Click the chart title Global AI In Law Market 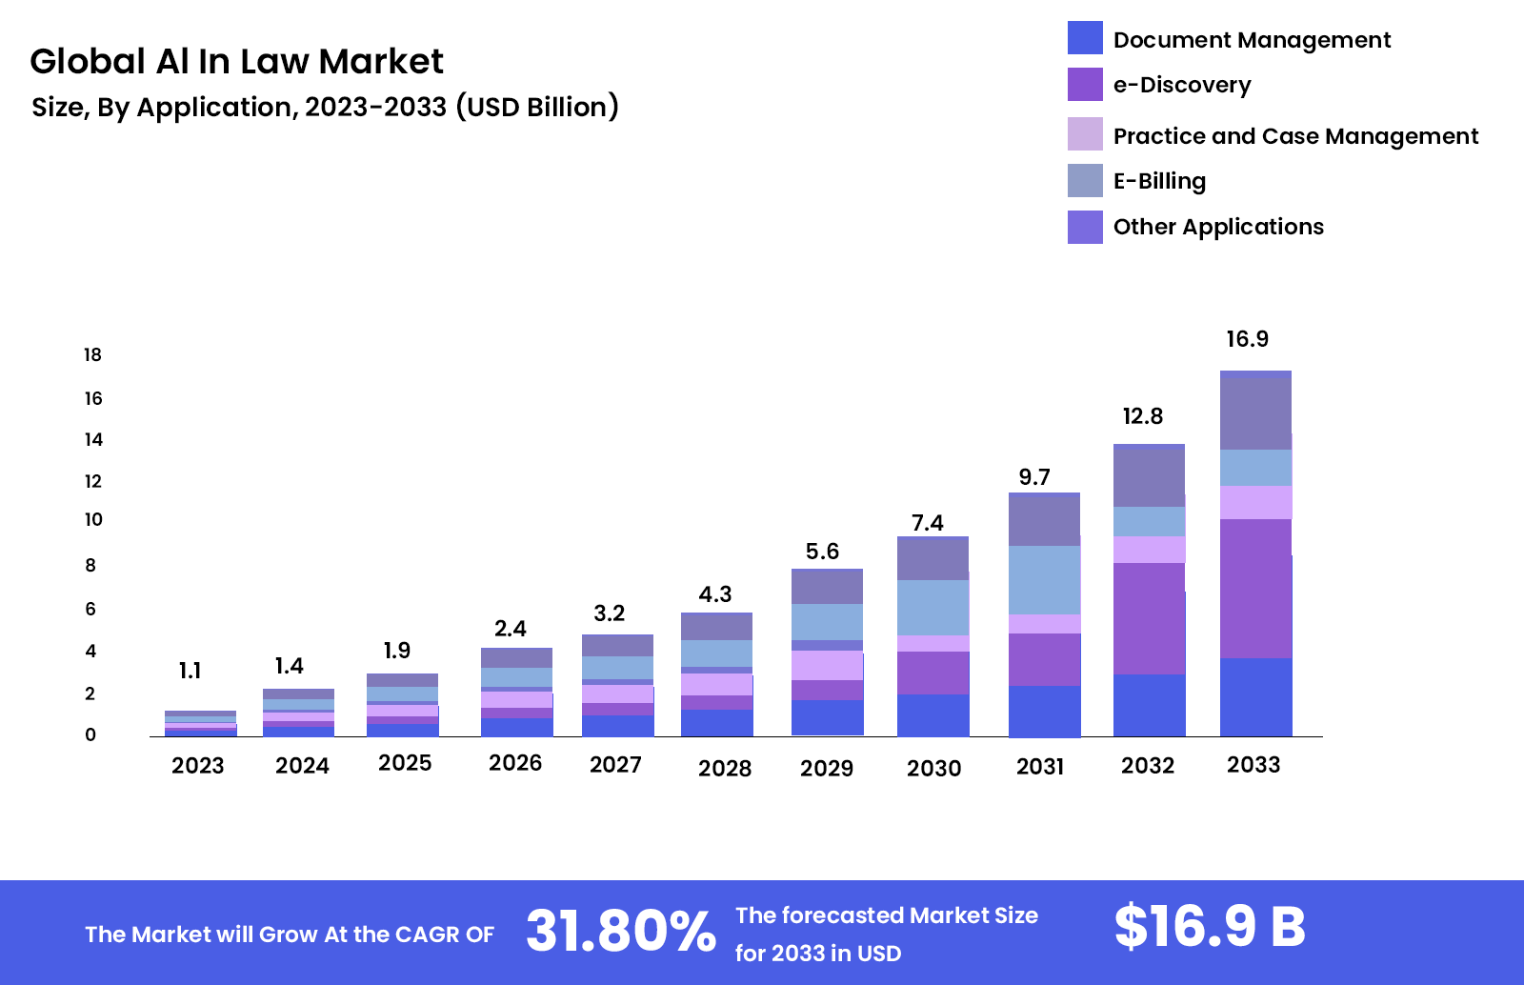click(236, 62)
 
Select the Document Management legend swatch click(1085, 38)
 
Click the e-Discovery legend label click(1181, 85)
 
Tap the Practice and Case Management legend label click(1295, 136)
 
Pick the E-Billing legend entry click(1159, 181)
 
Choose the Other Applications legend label click(1218, 227)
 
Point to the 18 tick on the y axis click(92, 355)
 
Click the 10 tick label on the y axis click(93, 520)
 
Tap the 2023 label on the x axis click(197, 766)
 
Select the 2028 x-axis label click(725, 769)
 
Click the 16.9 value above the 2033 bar click(1247, 339)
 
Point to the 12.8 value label click(1142, 416)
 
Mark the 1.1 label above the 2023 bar click(190, 671)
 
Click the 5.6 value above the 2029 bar click(822, 552)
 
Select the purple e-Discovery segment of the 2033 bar click(1255, 588)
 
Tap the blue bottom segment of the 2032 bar click(1149, 705)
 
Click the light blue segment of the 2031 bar click(1044, 579)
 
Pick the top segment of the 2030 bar click(932, 558)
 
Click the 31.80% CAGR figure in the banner click(620, 931)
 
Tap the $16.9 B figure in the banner click(1209, 926)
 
